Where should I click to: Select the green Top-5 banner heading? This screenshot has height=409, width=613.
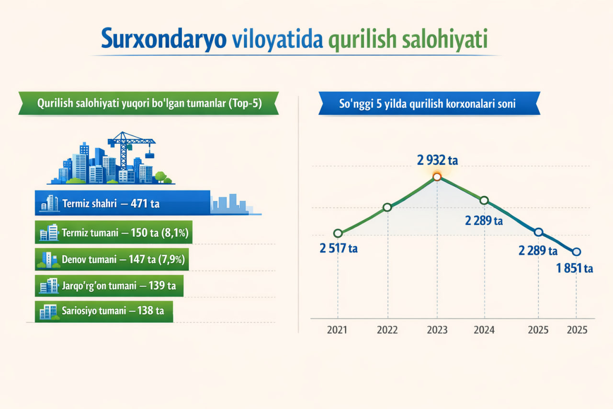(148, 103)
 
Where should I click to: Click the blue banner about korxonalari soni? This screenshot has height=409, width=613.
(429, 103)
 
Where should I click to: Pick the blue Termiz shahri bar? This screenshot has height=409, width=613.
(122, 203)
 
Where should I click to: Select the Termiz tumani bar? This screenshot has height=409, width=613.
(114, 232)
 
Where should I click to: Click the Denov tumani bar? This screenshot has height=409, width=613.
(112, 259)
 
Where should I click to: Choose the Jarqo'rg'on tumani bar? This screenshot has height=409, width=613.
(109, 285)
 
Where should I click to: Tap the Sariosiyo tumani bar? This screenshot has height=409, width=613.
(104, 311)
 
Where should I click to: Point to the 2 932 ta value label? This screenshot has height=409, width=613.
(437, 160)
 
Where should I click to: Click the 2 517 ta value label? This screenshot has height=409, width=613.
(339, 248)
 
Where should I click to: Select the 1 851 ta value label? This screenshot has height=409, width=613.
(574, 268)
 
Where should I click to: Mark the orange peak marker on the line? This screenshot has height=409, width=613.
(437, 177)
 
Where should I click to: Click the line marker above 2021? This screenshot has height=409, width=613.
(338, 234)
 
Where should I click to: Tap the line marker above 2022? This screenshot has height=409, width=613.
(387, 207)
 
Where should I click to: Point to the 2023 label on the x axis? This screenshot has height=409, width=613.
(437, 330)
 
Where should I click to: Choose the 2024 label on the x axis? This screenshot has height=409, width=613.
(484, 330)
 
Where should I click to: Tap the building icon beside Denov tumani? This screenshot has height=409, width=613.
(48, 259)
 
